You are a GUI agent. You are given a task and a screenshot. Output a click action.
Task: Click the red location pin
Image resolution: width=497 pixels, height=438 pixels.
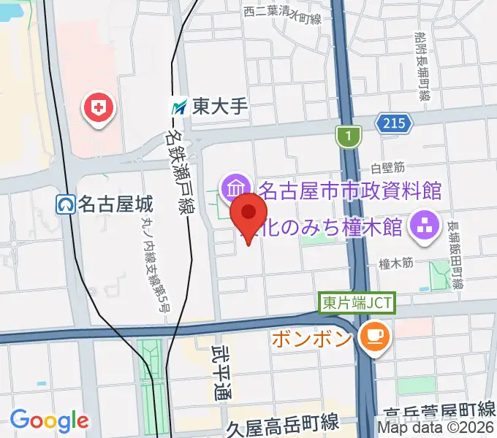tap(248, 213)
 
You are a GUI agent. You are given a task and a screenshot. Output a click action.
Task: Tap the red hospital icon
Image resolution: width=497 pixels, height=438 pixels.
tap(100, 109)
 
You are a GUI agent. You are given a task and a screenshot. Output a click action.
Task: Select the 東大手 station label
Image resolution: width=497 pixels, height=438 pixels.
tap(221, 107)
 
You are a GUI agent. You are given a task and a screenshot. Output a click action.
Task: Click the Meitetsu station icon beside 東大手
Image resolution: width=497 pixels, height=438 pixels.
tap(179, 107)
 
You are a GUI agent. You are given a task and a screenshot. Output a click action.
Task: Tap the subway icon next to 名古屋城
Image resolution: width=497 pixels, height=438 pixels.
tap(65, 204)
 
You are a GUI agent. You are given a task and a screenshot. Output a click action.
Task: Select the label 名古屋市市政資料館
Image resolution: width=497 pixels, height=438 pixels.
tap(350, 191)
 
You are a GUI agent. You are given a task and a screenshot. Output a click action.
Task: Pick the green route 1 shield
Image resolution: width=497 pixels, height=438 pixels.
tap(349, 135)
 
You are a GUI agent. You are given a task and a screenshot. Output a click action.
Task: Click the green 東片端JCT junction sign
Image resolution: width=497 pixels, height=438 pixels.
tap(357, 303)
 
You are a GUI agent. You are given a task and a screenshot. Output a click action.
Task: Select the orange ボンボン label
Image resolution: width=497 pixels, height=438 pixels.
tap(314, 338)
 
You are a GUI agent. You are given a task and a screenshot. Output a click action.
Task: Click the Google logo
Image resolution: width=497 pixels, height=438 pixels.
tap(49, 420)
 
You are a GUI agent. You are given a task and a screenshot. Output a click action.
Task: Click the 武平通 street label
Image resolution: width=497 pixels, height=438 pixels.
tap(222, 372)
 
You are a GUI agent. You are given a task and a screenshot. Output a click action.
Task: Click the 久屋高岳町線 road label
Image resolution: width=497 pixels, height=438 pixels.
tap(281, 423)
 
